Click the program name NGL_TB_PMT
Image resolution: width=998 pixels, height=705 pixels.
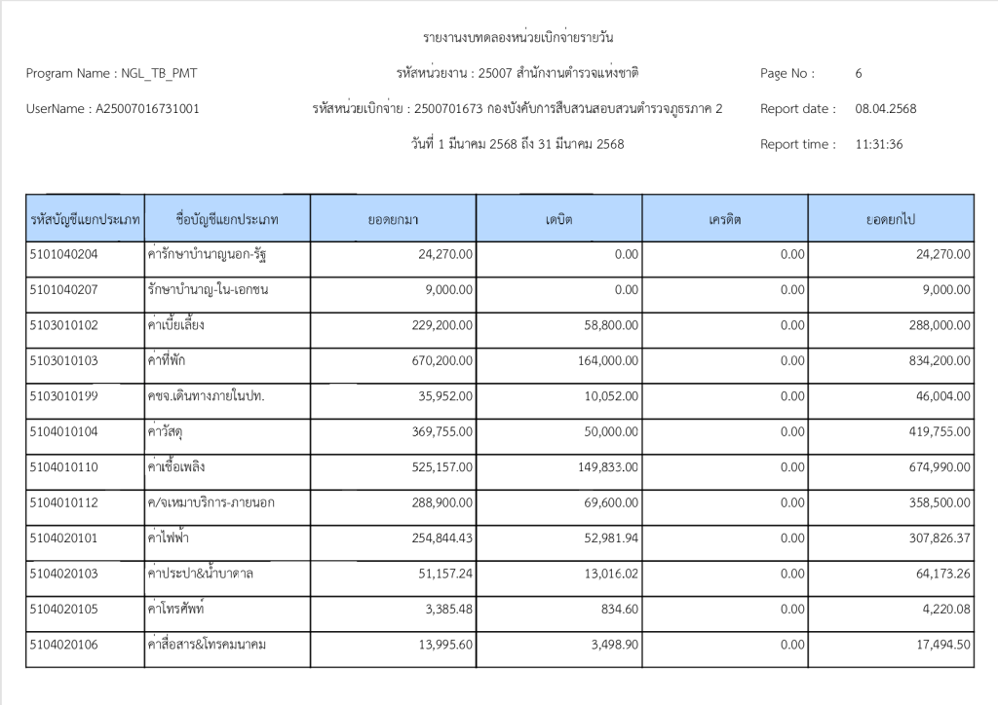(x=165, y=73)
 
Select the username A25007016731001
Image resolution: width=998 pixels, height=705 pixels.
(x=147, y=109)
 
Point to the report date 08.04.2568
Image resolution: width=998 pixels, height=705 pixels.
(x=885, y=109)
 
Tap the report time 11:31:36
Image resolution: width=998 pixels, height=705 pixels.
(x=879, y=144)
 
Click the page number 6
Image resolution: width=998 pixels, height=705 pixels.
(x=859, y=73)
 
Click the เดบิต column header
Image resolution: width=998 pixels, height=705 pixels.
(x=558, y=220)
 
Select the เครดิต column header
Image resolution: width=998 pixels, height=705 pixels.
(x=725, y=220)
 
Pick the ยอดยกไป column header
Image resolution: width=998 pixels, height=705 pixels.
(x=890, y=220)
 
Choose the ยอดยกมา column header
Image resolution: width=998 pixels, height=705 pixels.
(x=393, y=220)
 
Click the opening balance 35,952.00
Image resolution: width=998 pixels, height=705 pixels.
(x=444, y=396)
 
